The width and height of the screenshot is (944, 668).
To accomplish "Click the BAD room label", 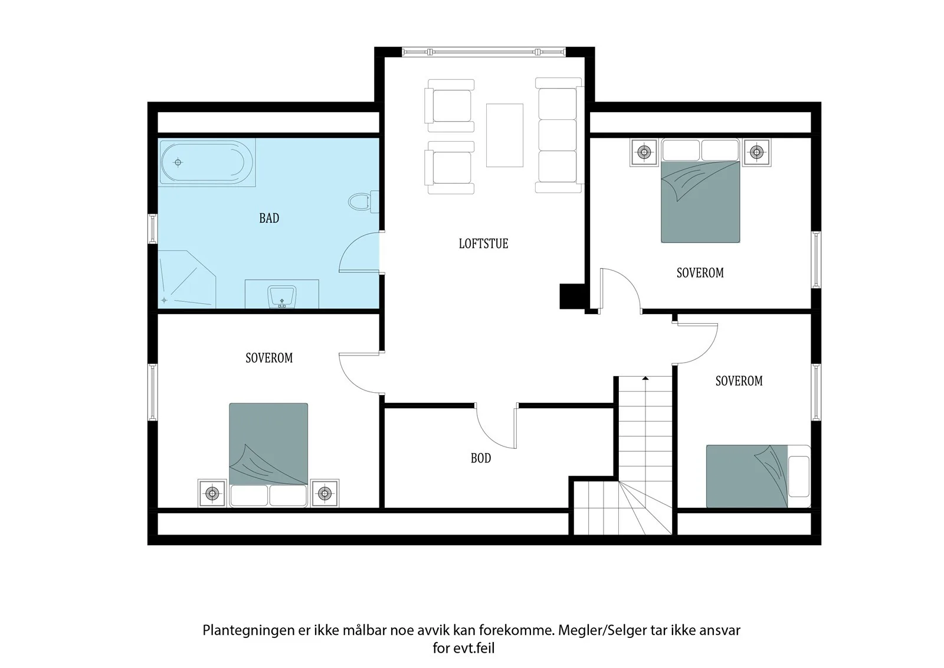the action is [x=269, y=218].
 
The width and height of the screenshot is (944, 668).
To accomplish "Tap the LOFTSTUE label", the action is [x=483, y=243].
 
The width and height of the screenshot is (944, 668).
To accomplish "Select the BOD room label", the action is [x=481, y=458].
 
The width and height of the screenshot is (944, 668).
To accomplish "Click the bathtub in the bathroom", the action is [x=207, y=163].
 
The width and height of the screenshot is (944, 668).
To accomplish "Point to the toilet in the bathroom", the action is [x=363, y=202].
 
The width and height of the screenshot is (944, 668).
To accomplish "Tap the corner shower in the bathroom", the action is [x=186, y=279].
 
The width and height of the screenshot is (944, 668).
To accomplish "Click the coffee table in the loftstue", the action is [x=504, y=135].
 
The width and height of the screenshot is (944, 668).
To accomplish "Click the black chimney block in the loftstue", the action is [x=572, y=296].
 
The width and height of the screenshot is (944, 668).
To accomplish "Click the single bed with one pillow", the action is [x=758, y=476].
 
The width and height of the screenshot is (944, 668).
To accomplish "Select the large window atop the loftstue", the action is [x=484, y=52].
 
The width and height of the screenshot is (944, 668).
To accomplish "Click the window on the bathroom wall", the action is [x=153, y=229].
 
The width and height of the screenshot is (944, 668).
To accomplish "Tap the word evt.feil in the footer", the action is [x=474, y=648].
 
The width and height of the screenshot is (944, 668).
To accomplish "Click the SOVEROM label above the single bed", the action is [x=739, y=381].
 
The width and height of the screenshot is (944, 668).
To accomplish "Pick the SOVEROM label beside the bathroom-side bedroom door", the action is [x=269, y=358].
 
